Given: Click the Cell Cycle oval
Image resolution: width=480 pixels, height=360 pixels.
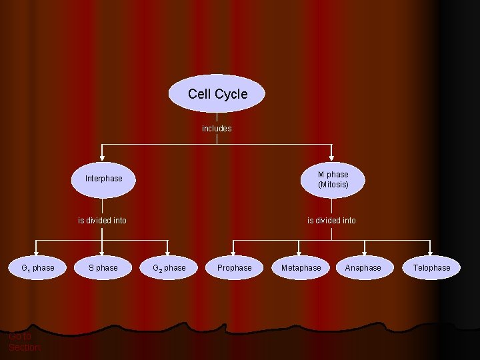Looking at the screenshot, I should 217,93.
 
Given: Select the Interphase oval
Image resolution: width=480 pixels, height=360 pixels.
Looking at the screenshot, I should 103,179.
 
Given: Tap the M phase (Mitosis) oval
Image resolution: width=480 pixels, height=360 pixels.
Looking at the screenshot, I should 333,179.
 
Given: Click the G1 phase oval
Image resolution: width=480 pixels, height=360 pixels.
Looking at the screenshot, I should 37,268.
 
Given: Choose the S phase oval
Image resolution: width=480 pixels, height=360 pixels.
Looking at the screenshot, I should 103,268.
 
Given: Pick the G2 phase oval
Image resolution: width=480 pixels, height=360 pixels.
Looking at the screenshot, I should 169,268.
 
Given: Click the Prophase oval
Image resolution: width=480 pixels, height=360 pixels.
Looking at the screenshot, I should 234,268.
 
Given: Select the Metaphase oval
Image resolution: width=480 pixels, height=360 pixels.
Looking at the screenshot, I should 301,268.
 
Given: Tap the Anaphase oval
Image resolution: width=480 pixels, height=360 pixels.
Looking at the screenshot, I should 363,268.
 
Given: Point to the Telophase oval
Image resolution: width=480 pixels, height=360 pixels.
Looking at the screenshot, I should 431,268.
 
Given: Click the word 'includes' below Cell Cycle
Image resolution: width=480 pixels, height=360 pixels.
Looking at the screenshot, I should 217,129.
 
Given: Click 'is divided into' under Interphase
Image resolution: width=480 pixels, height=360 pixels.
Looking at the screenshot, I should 102,221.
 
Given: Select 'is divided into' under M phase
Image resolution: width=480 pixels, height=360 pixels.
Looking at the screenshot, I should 331,221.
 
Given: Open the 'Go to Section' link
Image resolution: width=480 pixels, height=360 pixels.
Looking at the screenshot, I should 24,342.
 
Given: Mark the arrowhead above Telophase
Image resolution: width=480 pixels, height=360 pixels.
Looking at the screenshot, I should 431,251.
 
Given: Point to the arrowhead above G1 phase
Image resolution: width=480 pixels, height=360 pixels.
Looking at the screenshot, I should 37,251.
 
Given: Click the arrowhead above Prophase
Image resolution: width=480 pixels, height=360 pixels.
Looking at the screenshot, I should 234,251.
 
